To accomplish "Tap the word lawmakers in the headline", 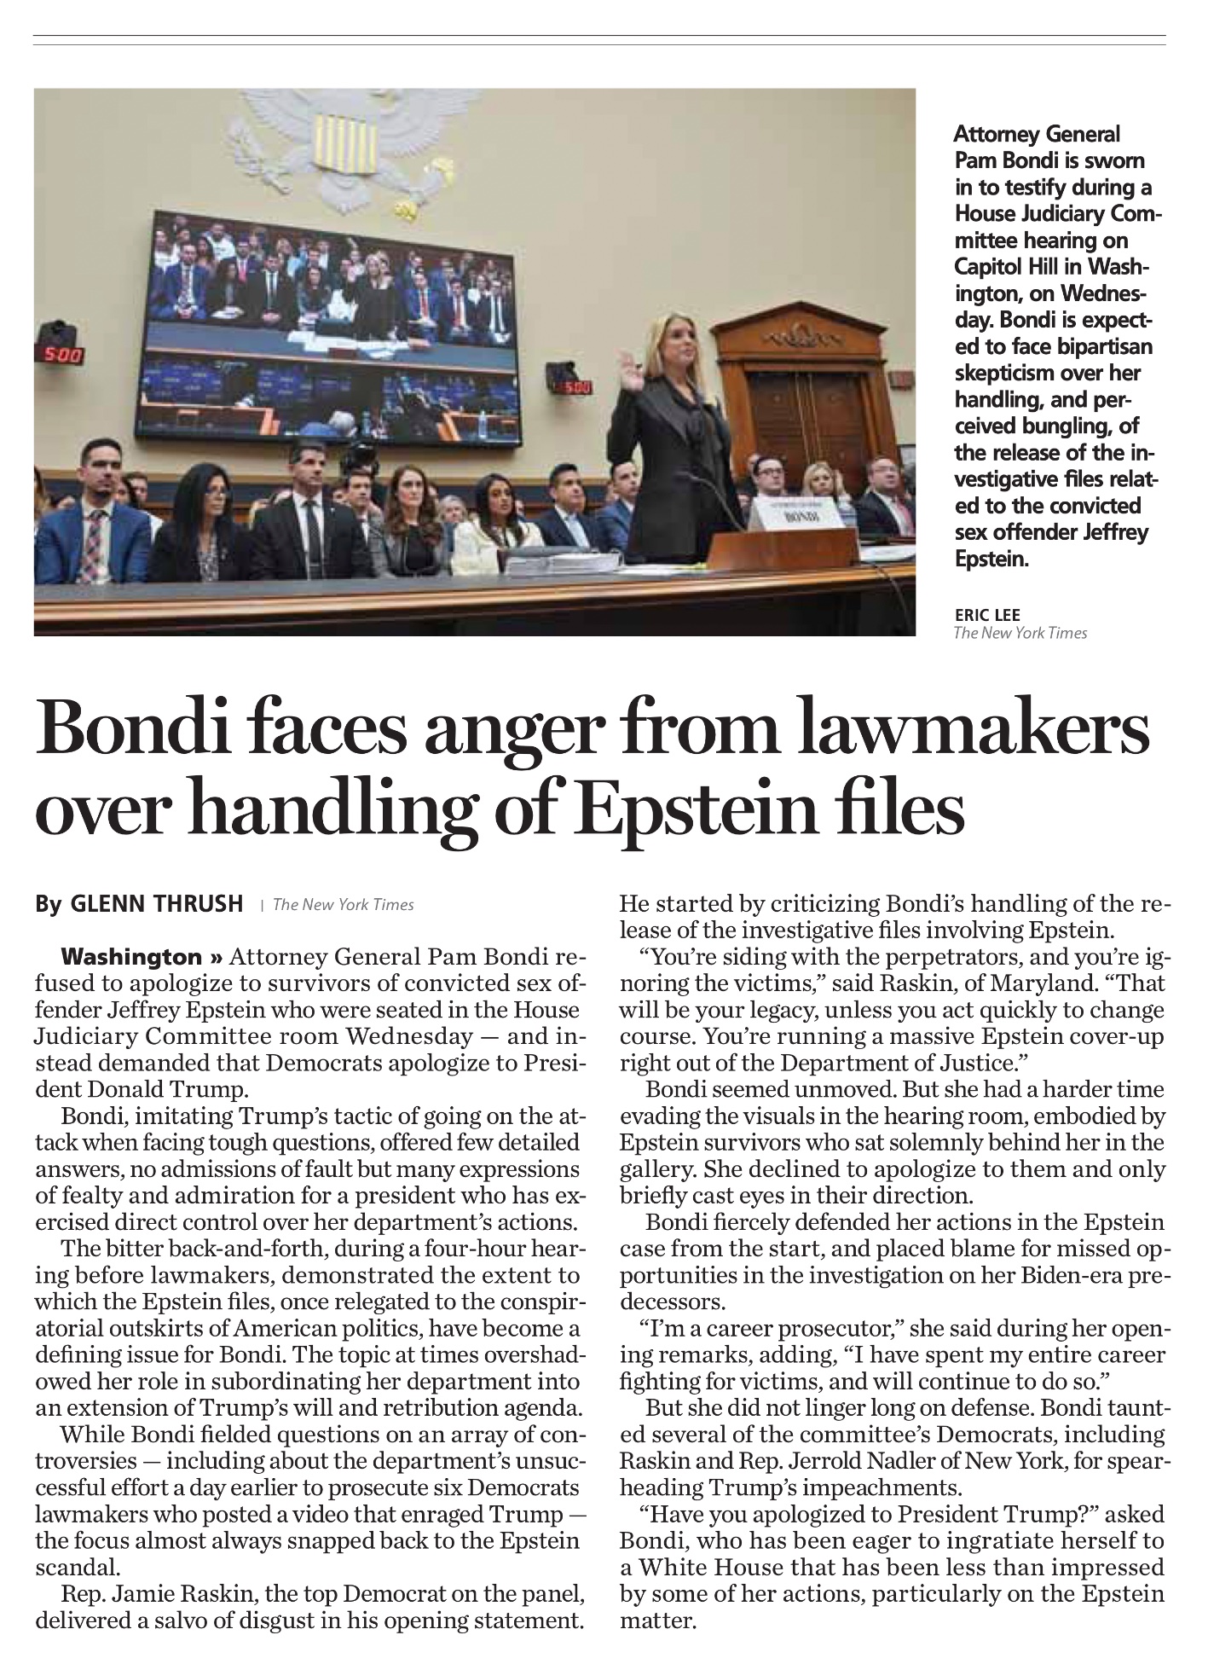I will coord(972,730).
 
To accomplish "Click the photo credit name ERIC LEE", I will coord(986,615).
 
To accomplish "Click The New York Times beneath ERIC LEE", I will coord(1020,633).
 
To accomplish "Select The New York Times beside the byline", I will coord(343,905).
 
